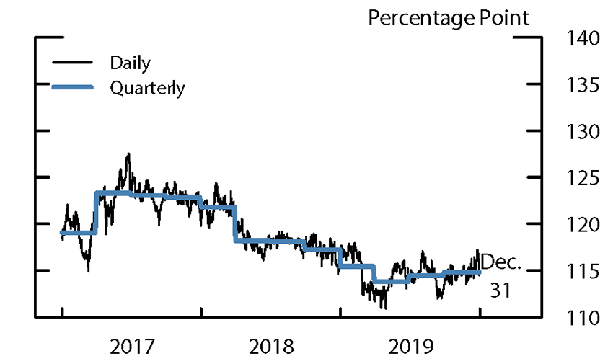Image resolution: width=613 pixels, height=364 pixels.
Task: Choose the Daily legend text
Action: click(130, 63)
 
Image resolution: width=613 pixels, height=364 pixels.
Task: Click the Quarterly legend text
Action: click(147, 89)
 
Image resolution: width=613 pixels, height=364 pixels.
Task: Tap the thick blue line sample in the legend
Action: click(72, 87)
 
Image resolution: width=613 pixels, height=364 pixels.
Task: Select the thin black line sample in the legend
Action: click(72, 62)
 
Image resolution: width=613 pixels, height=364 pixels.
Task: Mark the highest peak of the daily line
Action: click(128, 154)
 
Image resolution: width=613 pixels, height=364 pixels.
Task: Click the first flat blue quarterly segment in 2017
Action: click(78, 232)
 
